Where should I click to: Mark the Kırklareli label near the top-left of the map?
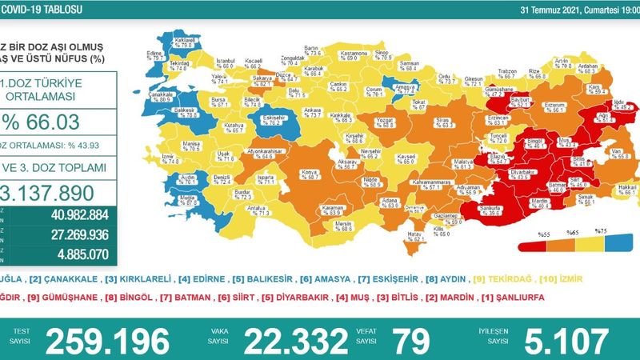pos(185,40)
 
